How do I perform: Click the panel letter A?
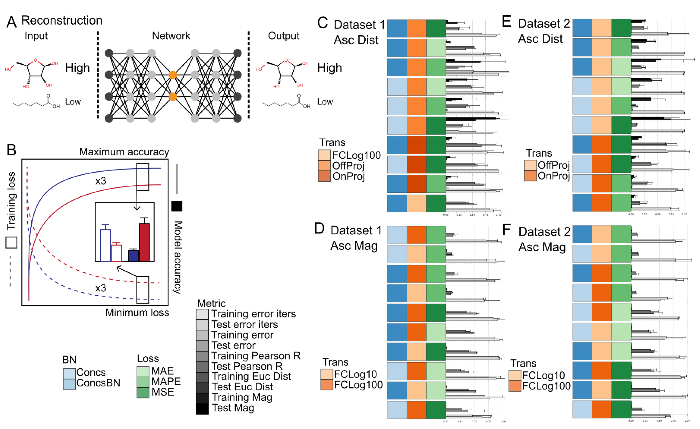(x=11, y=22)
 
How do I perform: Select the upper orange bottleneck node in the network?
(x=173, y=75)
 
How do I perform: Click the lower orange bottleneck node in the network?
(x=173, y=97)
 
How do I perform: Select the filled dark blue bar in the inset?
(x=133, y=256)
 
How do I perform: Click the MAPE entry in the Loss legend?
(x=166, y=381)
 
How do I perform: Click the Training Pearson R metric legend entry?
(x=256, y=356)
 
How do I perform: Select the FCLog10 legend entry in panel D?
(x=355, y=374)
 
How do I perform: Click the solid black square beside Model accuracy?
(x=177, y=206)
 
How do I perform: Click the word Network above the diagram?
(x=171, y=36)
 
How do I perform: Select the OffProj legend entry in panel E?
(x=553, y=165)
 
